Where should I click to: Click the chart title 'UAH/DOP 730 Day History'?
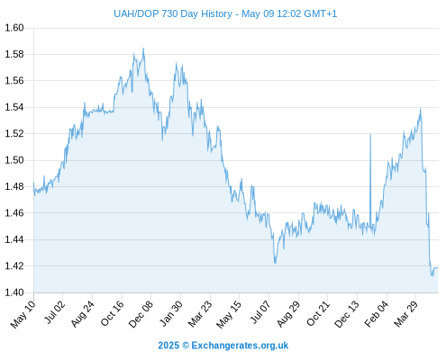coord(173,13)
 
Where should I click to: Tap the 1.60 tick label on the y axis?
coord(14,28)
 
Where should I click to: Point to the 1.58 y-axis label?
coord(14,54)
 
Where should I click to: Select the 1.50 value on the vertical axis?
coord(14,160)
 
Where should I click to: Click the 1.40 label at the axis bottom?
coord(14,292)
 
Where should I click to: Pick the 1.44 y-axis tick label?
coord(14,239)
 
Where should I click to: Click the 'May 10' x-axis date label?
coord(23,314)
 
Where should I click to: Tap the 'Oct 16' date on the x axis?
coord(112,313)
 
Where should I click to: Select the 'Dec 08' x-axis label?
coord(141,314)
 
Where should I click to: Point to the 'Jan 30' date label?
coord(170,313)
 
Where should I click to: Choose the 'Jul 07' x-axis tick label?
coord(260,312)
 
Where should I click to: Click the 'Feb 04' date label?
coord(377,314)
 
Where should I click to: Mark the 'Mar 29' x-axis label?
coord(405,314)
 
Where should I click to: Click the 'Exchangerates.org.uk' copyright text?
coord(240,346)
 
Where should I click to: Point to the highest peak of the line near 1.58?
coord(143,48)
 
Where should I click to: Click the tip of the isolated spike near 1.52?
coord(370,134)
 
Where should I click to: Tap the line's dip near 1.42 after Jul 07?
coord(275,263)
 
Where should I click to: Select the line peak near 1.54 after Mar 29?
coord(420,109)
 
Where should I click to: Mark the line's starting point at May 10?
coord(33,183)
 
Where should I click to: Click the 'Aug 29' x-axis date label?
coord(288,314)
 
